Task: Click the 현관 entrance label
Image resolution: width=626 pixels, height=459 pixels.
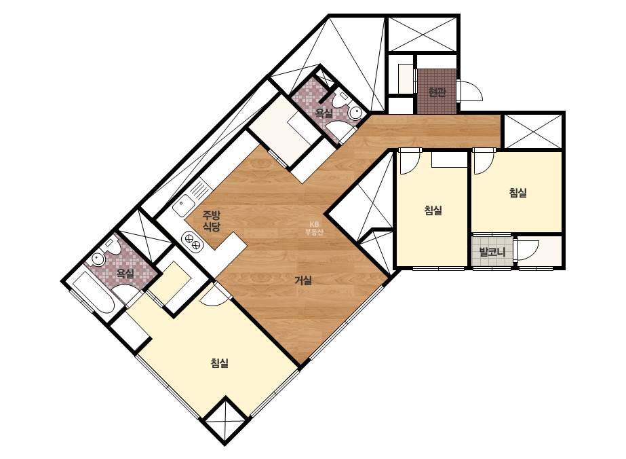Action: click(437, 92)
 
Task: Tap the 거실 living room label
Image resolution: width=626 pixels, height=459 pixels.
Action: click(303, 280)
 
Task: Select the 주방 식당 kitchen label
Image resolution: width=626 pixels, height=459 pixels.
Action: click(211, 221)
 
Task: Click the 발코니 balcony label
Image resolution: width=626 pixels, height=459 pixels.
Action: click(492, 253)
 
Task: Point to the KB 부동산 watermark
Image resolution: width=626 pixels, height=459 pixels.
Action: click(315, 228)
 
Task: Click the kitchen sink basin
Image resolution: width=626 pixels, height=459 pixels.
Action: click(183, 206)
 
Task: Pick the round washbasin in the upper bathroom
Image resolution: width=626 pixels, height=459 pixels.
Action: click(355, 112)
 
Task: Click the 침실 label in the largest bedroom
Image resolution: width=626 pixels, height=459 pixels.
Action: click(220, 363)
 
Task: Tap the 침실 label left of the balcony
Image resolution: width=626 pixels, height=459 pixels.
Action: click(433, 210)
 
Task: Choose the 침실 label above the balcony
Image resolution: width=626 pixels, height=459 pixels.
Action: click(517, 193)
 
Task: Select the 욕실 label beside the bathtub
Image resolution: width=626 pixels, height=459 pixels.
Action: click(125, 274)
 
